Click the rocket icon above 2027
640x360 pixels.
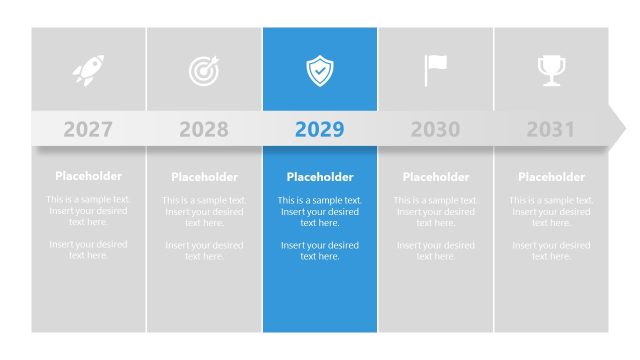tap(88, 70)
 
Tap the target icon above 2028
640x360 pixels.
tap(204, 70)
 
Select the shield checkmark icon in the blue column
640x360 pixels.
tap(320, 70)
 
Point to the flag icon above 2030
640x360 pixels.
tap(435, 70)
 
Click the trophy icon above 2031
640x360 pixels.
tap(551, 70)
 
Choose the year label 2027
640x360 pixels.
tap(88, 129)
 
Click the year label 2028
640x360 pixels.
tap(204, 129)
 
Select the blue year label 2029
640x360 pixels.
tap(320, 129)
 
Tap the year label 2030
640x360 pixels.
tap(435, 129)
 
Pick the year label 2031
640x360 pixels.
tap(551, 129)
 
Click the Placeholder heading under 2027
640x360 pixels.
tap(88, 176)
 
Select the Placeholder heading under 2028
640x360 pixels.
tap(204, 177)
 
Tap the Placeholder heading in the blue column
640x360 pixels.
tap(320, 177)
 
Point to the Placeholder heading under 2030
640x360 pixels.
tap(435, 177)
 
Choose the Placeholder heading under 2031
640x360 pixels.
tap(551, 177)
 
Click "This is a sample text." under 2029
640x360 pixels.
tap(320, 200)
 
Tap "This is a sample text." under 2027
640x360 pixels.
tap(88, 199)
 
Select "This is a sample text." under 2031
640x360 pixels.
tap(551, 200)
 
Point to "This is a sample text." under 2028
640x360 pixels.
tap(204, 200)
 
